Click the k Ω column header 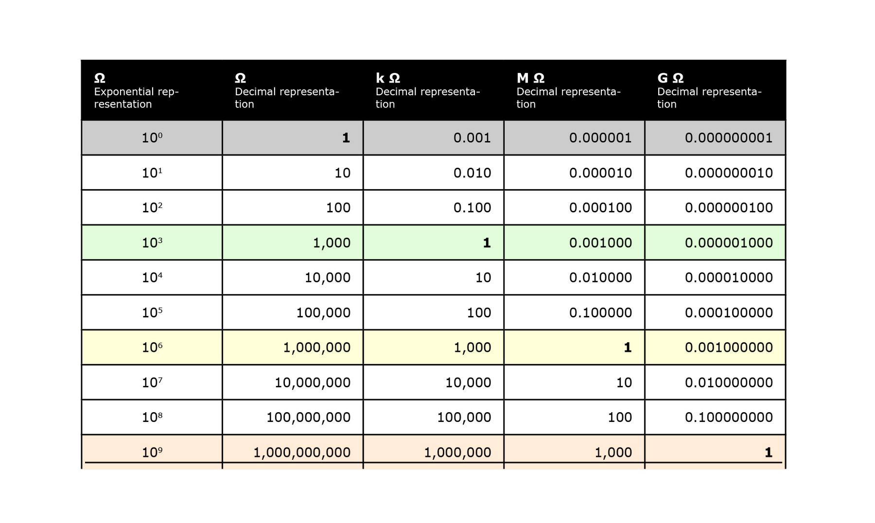(388, 78)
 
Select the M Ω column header (530, 78)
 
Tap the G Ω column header (670, 78)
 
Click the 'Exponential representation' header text (136, 98)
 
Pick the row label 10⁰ (152, 138)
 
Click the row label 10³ (152, 243)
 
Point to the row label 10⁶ (152, 348)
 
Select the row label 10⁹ (152, 453)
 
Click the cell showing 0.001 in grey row (472, 138)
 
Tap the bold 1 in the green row (487, 243)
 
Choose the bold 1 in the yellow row (628, 348)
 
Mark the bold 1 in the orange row (768, 453)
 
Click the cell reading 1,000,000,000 (302, 453)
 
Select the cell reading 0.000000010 (729, 173)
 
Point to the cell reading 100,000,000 (308, 418)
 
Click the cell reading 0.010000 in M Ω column (600, 278)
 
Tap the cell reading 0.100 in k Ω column (472, 208)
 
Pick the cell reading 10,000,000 (313, 383)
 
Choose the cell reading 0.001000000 (729, 348)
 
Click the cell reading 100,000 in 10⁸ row (464, 418)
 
